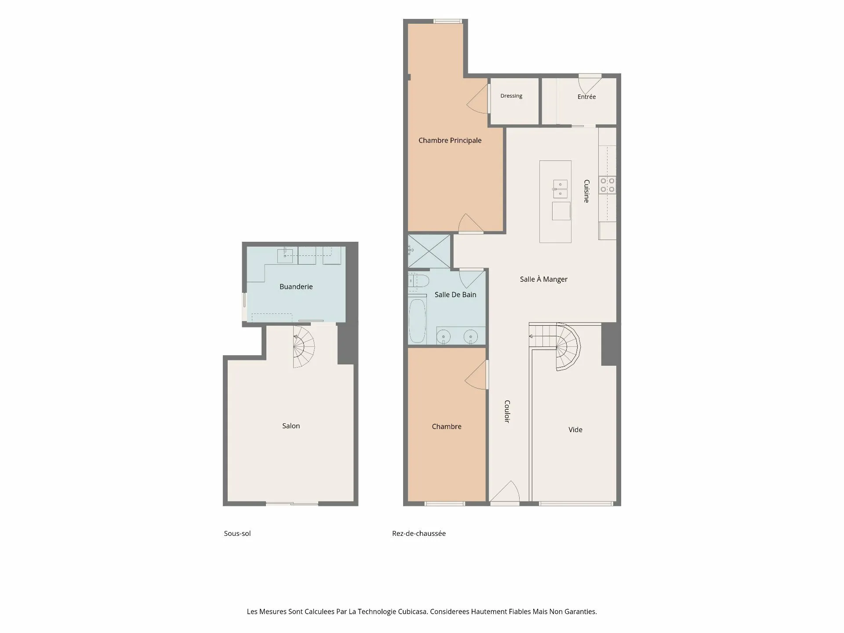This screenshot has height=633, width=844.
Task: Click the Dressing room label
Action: coord(511,96)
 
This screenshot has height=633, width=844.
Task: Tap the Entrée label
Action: coord(586,97)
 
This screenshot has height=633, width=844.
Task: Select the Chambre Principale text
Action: coord(450,141)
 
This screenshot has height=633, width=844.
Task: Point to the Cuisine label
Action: coord(586,191)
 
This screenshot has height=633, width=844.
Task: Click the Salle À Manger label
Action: coord(544,279)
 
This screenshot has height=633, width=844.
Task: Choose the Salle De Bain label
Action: coord(455,295)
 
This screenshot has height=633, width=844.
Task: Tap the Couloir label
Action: coord(507,411)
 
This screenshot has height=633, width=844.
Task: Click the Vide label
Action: coord(575,429)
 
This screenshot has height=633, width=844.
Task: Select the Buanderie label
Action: coord(296,287)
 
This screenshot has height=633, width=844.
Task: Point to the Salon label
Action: coord(291,426)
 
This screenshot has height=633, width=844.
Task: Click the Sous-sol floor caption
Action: coord(237,533)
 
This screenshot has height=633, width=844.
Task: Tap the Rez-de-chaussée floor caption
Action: coord(419,533)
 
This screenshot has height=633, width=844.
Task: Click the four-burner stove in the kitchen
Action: coord(607,185)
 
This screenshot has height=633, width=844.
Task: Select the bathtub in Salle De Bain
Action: coord(417,321)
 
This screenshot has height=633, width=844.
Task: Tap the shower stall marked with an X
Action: coord(429,251)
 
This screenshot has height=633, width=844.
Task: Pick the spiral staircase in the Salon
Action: coord(304,346)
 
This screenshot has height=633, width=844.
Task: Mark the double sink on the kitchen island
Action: coord(560,189)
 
